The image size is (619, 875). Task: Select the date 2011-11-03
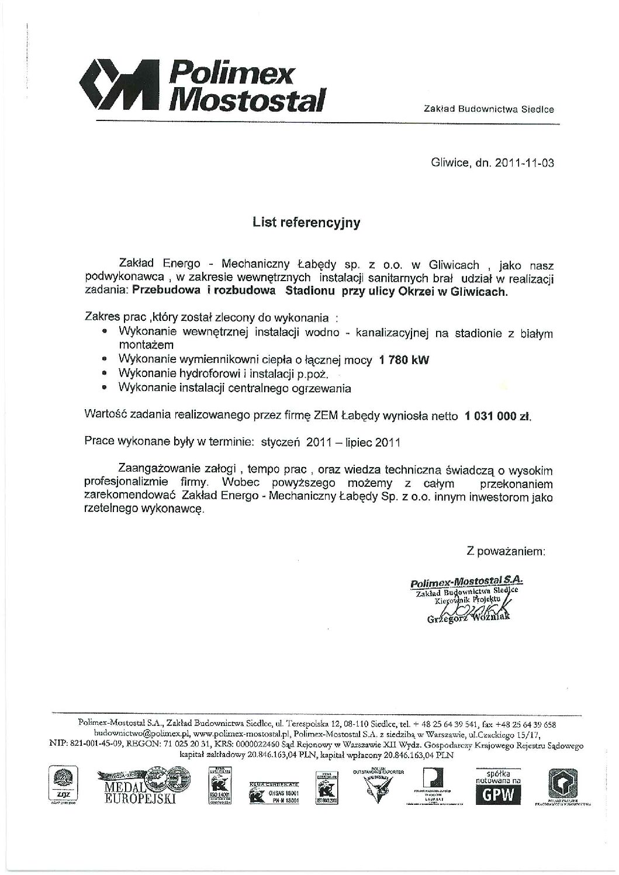click(524, 163)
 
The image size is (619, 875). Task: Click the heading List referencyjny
click(306, 223)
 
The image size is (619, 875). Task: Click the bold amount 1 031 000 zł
click(498, 417)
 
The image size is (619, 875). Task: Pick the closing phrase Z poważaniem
click(506, 551)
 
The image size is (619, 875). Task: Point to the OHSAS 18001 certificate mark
click(275, 793)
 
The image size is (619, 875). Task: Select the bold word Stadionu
click(310, 292)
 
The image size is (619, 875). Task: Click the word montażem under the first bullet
click(141, 345)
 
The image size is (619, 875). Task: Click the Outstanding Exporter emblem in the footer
click(378, 787)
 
